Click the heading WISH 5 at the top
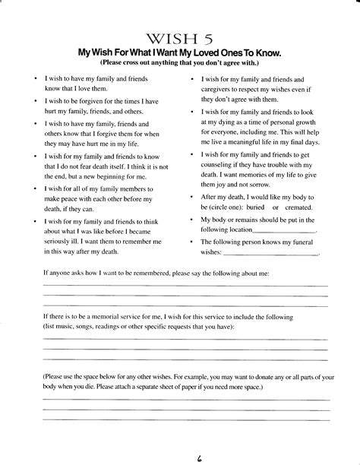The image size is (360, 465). (179, 40)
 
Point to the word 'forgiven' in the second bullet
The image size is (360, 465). (94, 100)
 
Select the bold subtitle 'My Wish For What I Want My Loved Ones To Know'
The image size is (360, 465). (179, 53)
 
